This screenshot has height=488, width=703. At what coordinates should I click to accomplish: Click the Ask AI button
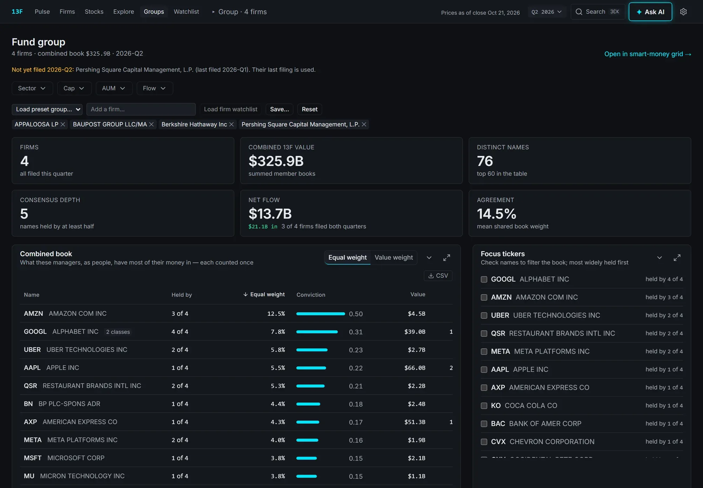pyautogui.click(x=650, y=12)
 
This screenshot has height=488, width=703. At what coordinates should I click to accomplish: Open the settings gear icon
pyautogui.click(x=683, y=12)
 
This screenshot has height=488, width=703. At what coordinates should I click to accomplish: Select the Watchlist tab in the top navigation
pyautogui.click(x=186, y=12)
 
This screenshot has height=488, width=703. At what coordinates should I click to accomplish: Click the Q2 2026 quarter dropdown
pyautogui.click(x=547, y=12)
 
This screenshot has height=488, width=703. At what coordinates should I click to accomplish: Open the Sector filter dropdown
pyautogui.click(x=32, y=88)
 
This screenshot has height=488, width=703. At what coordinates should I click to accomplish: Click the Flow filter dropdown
pyautogui.click(x=154, y=88)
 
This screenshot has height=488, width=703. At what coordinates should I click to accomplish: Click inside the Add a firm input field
pyautogui.click(x=141, y=109)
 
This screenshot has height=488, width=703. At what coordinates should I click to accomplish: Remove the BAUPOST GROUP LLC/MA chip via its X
pyautogui.click(x=151, y=124)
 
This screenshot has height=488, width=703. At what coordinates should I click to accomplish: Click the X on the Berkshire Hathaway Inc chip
pyautogui.click(x=231, y=124)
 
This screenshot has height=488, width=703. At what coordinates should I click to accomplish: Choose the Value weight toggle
pyautogui.click(x=394, y=258)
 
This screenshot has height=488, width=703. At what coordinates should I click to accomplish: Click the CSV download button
pyautogui.click(x=438, y=276)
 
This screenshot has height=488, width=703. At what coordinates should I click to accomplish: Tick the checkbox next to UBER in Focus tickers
pyautogui.click(x=484, y=315)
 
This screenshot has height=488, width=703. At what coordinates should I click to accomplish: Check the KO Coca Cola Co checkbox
pyautogui.click(x=484, y=406)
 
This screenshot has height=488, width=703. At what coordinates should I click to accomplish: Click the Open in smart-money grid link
pyautogui.click(x=647, y=54)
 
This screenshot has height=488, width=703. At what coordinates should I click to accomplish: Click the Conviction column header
pyautogui.click(x=311, y=295)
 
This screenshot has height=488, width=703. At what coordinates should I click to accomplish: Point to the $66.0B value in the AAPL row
pyautogui.click(x=415, y=368)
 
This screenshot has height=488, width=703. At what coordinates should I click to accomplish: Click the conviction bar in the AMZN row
pyautogui.click(x=321, y=314)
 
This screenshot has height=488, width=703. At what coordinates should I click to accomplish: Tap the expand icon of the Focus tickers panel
pyautogui.click(x=677, y=258)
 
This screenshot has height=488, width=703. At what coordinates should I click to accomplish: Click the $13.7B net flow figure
pyautogui.click(x=270, y=214)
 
